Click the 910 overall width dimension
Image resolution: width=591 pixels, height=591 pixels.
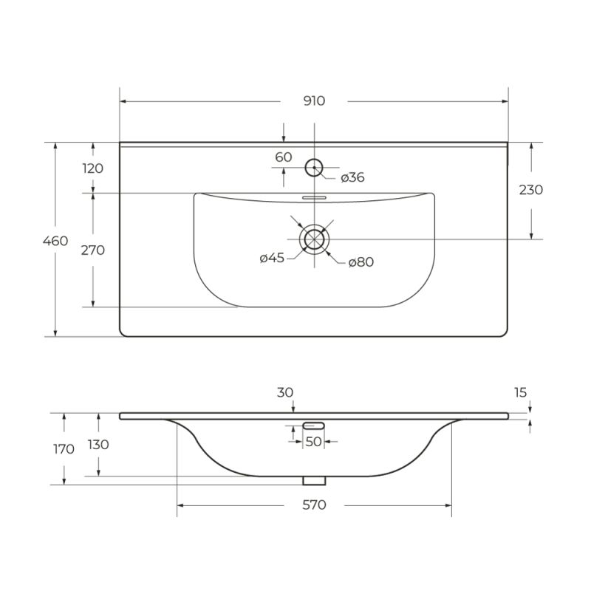(x=314, y=101)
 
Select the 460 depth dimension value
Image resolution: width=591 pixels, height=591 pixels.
(x=55, y=241)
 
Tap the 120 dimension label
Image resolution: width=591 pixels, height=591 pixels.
(x=92, y=168)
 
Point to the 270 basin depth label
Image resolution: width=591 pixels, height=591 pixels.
(x=92, y=250)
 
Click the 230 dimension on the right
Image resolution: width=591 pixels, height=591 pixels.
(x=530, y=190)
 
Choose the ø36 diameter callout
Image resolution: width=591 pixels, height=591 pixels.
(x=352, y=177)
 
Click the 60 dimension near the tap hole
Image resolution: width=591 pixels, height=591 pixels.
(x=284, y=157)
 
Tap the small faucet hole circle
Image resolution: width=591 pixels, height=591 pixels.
(x=315, y=168)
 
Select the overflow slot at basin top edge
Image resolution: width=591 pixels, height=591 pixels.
(x=314, y=198)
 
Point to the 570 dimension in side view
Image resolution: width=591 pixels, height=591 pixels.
(x=314, y=505)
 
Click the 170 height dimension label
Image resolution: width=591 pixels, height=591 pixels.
(x=64, y=448)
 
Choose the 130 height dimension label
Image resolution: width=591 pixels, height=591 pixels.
(x=98, y=445)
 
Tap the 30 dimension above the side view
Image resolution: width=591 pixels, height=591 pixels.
(x=286, y=393)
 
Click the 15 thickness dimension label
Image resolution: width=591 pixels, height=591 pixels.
(x=522, y=392)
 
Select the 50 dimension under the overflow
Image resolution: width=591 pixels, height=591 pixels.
(x=313, y=442)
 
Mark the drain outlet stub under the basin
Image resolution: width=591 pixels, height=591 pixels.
(x=314, y=480)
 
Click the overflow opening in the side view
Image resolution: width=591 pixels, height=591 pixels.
(x=314, y=425)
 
